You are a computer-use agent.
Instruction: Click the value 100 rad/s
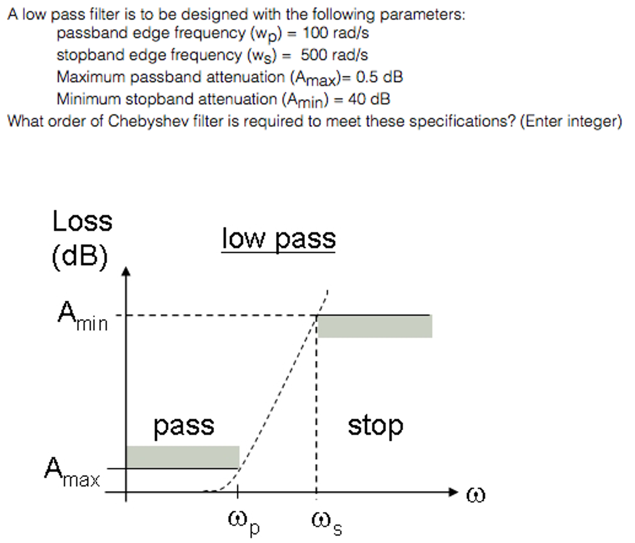coord(336,33)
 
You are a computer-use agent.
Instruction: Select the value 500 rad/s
coord(334,55)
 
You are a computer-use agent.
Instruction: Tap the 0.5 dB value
coord(379,77)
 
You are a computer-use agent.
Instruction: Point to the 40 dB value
coord(369,99)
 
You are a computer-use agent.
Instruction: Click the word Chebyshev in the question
coord(148,121)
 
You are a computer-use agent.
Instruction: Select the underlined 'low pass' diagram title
coord(278,239)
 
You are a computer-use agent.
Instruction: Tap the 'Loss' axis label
coord(82,221)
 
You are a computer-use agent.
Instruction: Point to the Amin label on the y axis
coord(83,316)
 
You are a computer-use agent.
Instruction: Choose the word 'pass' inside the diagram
coord(184,426)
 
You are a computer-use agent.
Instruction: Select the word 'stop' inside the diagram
coord(375,426)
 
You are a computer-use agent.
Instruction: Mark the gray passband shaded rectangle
coord(182,457)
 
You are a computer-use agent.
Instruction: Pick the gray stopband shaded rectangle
coord(375,326)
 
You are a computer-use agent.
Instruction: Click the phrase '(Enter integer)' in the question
coord(571,121)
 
